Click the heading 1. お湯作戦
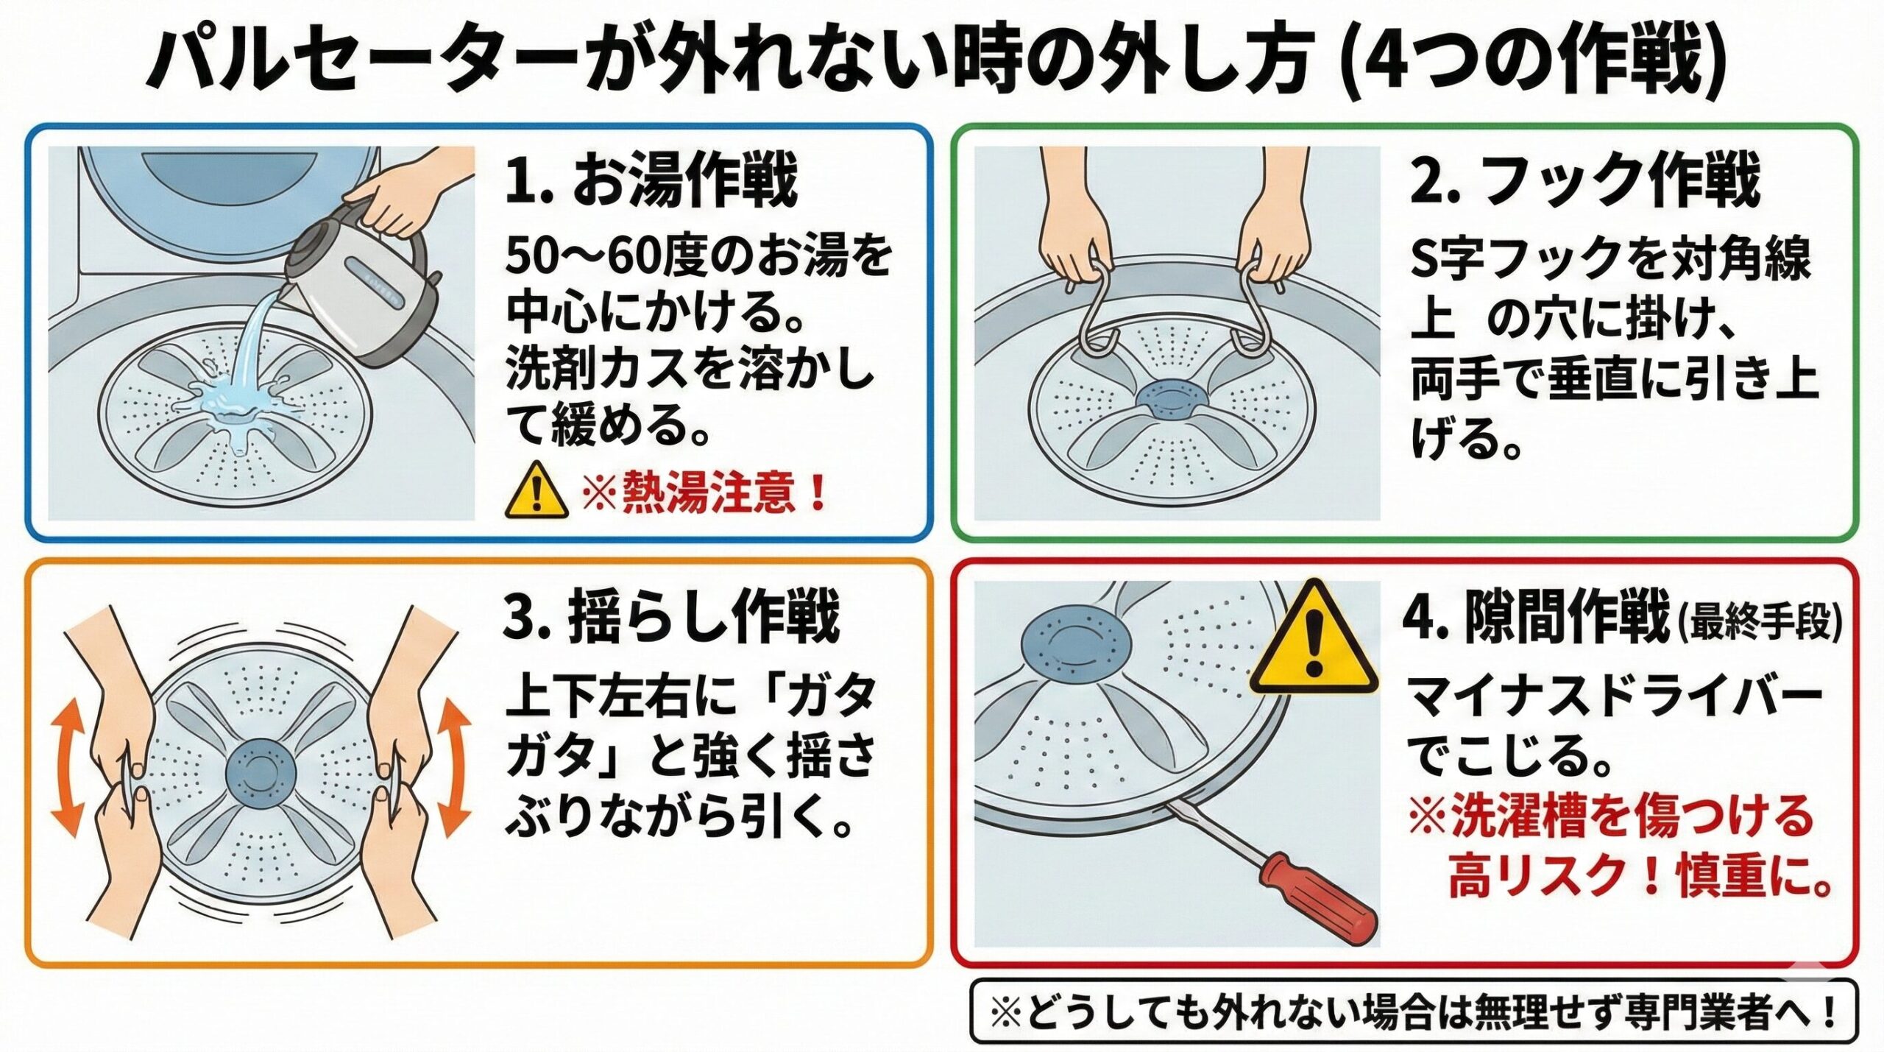(651, 184)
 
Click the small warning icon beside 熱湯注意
(537, 490)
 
